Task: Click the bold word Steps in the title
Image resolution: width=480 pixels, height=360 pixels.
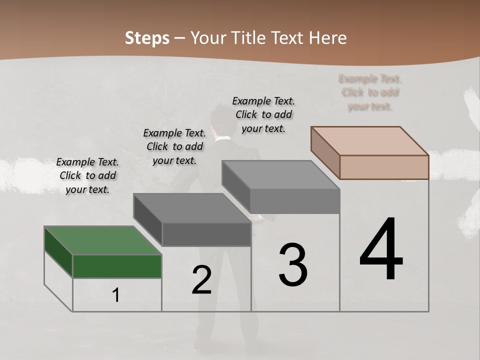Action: (147, 38)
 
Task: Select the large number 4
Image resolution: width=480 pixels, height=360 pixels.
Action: (381, 250)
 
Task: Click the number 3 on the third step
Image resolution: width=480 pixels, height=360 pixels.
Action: (293, 265)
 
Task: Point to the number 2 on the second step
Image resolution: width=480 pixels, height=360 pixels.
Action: (201, 280)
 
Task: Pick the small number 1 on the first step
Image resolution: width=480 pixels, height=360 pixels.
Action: (116, 295)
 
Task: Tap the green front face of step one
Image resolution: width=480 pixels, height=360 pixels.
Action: (117, 266)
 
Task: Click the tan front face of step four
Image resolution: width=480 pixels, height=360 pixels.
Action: (384, 167)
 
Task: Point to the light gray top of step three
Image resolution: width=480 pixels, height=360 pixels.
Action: (280, 174)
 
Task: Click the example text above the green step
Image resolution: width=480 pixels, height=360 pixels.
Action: (87, 175)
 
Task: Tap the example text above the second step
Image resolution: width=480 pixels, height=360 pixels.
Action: (174, 146)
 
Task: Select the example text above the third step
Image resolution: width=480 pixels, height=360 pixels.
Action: (263, 114)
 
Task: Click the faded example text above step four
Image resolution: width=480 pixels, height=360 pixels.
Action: (370, 92)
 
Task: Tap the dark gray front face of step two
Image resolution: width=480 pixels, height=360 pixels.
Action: (206, 234)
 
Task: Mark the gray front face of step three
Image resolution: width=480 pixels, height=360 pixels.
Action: (295, 201)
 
